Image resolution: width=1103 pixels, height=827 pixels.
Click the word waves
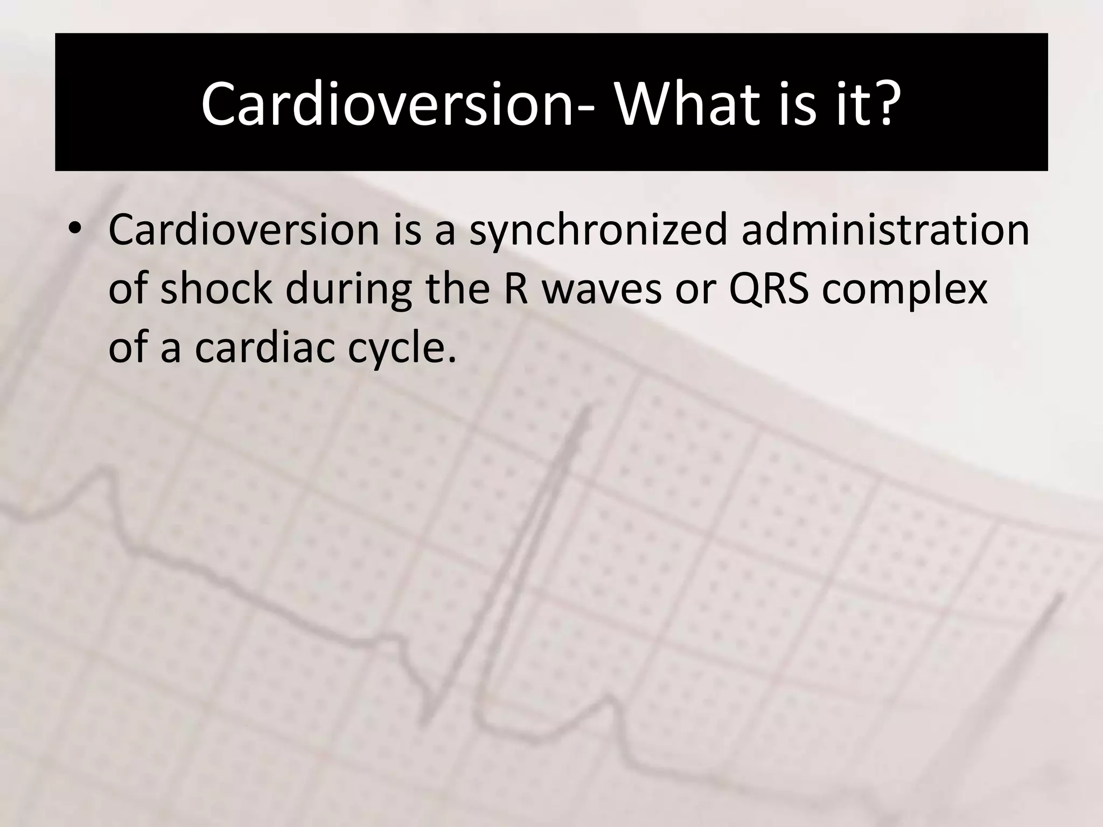coord(601,289)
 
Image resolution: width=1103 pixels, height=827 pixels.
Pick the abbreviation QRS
coord(769,289)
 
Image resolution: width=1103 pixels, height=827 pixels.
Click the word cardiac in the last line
coord(264,347)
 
